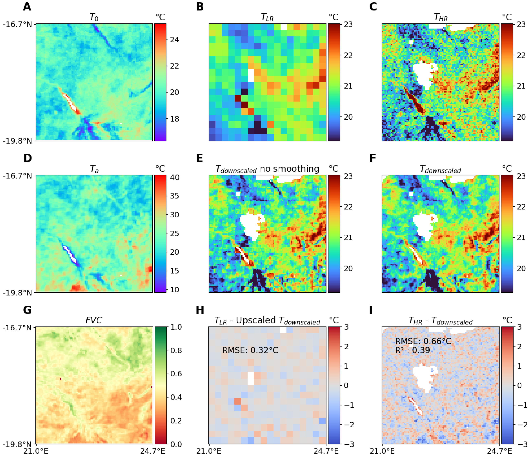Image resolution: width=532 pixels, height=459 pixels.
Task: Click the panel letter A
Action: tap(27, 7)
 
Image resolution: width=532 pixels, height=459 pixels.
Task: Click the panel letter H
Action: tap(200, 310)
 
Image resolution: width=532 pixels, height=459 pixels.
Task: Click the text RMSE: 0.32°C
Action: tap(250, 350)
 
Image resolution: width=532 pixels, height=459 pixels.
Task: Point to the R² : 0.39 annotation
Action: tap(412, 350)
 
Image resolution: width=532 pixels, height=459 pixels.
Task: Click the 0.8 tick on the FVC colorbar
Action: tap(176, 351)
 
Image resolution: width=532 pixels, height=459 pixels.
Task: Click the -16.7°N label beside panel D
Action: tap(17, 176)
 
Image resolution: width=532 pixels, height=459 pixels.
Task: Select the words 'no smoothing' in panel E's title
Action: tap(289, 169)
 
